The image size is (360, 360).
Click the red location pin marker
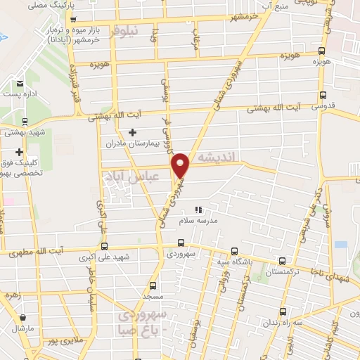coord(181,165)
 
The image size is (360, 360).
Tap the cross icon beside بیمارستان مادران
coord(132,131)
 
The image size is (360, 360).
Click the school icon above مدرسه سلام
coord(198,210)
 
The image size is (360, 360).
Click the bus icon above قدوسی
coord(324,95)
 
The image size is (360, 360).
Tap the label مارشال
coord(22,328)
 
